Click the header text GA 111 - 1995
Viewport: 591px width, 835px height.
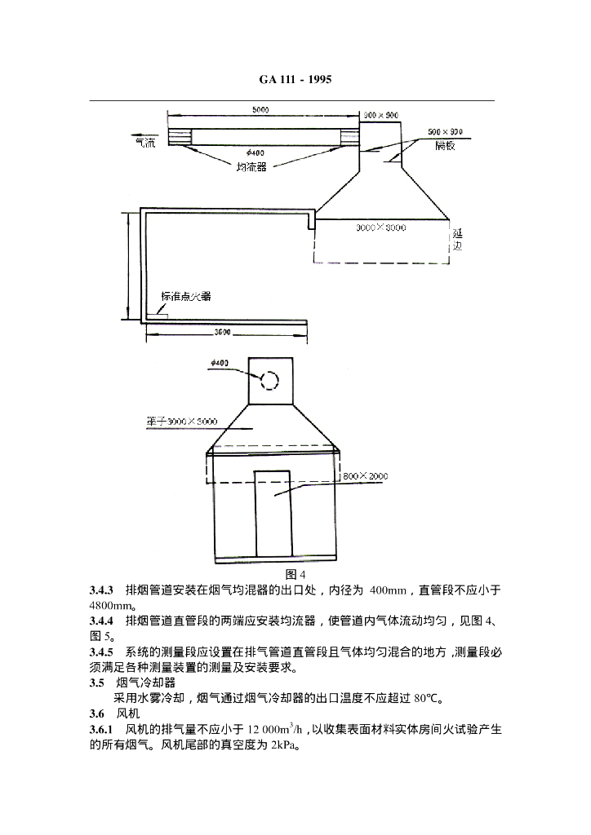(295, 79)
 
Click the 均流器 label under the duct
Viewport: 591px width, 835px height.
(251, 166)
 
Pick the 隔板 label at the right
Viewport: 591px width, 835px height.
(447, 145)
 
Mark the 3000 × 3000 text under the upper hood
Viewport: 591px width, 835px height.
(380, 228)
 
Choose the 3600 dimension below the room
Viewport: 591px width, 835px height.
(225, 332)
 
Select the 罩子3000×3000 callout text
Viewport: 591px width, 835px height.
(176, 422)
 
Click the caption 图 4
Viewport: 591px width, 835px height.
(295, 576)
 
